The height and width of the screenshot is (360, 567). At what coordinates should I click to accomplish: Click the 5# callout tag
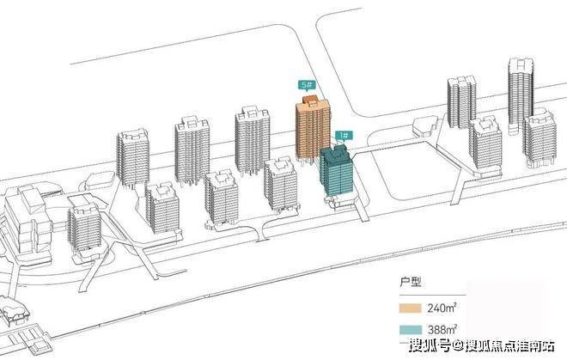point(305,86)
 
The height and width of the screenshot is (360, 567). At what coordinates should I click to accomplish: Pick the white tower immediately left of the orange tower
point(253,142)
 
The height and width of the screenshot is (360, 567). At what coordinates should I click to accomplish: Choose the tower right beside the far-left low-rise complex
point(83,225)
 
